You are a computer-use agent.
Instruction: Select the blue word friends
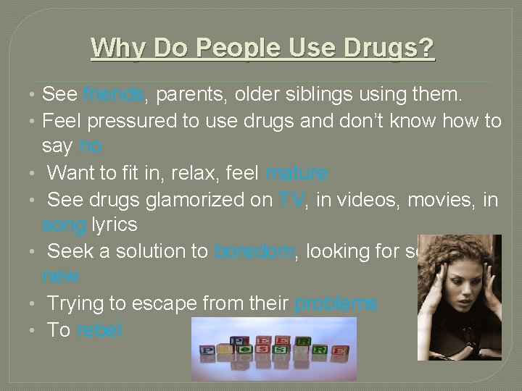coord(115,94)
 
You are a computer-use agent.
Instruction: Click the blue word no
coord(90,146)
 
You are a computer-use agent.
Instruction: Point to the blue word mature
coord(297,174)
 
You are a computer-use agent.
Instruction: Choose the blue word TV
coord(291,200)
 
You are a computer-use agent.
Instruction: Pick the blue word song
coord(64,224)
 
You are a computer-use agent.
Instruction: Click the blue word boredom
coord(254,251)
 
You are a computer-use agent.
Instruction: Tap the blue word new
coord(60,276)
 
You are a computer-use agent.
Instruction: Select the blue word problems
coord(336,303)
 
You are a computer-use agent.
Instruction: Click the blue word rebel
coord(99,330)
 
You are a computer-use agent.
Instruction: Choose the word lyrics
coord(115,224)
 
